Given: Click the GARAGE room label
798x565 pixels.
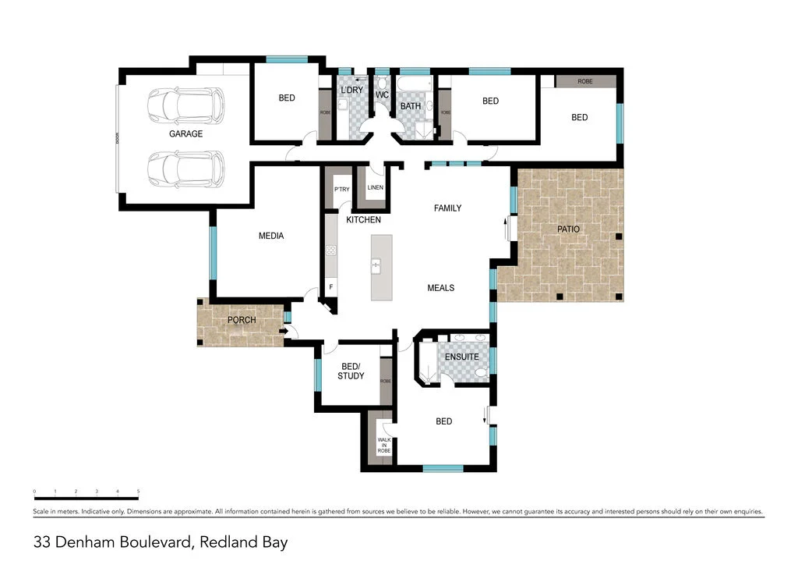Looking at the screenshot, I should (x=185, y=133).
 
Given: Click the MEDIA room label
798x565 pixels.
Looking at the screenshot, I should (x=271, y=236).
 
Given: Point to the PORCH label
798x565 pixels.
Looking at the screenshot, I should (x=242, y=320).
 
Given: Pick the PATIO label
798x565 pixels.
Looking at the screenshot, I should (x=568, y=229).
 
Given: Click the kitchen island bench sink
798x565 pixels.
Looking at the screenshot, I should (x=375, y=267).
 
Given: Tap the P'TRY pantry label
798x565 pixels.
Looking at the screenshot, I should (x=341, y=190).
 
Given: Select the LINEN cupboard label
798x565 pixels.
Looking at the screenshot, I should (x=375, y=187).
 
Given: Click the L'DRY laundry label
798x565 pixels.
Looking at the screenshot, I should (x=352, y=91).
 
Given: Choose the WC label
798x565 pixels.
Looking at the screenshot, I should (x=382, y=95).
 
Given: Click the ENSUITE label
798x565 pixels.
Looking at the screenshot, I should (x=461, y=357).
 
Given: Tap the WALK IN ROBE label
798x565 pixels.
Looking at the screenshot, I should (x=384, y=445).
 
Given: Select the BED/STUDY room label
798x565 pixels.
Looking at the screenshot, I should (x=351, y=371).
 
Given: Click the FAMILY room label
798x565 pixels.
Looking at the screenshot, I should (x=447, y=208).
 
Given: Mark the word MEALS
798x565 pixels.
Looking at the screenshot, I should (x=440, y=288).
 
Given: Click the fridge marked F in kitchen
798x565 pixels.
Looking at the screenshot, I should (x=331, y=287).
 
